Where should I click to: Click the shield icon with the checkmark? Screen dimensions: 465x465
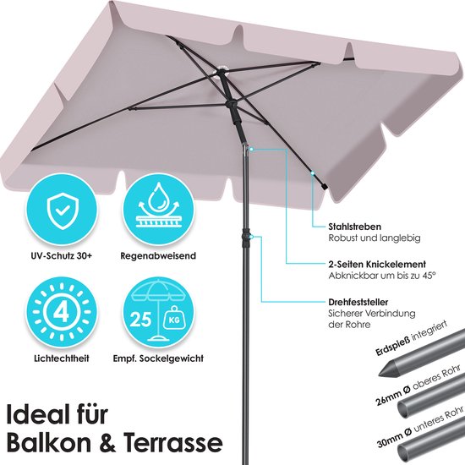pyautogui.click(x=63, y=211)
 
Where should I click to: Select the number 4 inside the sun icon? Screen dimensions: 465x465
pyautogui.click(x=62, y=312)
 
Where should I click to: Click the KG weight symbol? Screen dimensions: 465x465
pyautogui.click(x=175, y=320)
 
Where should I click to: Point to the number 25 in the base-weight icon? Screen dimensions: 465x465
pyautogui.click(x=140, y=320)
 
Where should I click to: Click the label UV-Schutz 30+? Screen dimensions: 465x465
pyautogui.click(x=62, y=255)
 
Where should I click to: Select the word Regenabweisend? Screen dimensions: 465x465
pyautogui.click(x=158, y=256)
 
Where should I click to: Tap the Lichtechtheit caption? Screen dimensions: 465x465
pyautogui.click(x=62, y=358)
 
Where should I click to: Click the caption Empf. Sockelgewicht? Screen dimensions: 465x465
pyautogui.click(x=158, y=358)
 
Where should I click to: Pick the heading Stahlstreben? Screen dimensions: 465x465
pyautogui.click(x=354, y=227)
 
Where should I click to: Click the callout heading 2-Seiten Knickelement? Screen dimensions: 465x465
pyautogui.click(x=377, y=265)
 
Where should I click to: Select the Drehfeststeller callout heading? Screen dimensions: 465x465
pyautogui.click(x=358, y=302)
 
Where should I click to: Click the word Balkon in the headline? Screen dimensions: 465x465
pyautogui.click(x=48, y=443)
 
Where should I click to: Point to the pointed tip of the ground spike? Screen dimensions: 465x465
pyautogui.click(x=379, y=375)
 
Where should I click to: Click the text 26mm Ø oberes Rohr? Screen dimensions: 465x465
pyautogui.click(x=418, y=385)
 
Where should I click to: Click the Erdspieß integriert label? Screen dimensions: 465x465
pyautogui.click(x=411, y=338)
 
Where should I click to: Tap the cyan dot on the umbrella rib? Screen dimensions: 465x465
pyautogui.click(x=312, y=172)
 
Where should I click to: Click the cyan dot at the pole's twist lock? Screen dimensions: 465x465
pyautogui.click(x=251, y=237)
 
